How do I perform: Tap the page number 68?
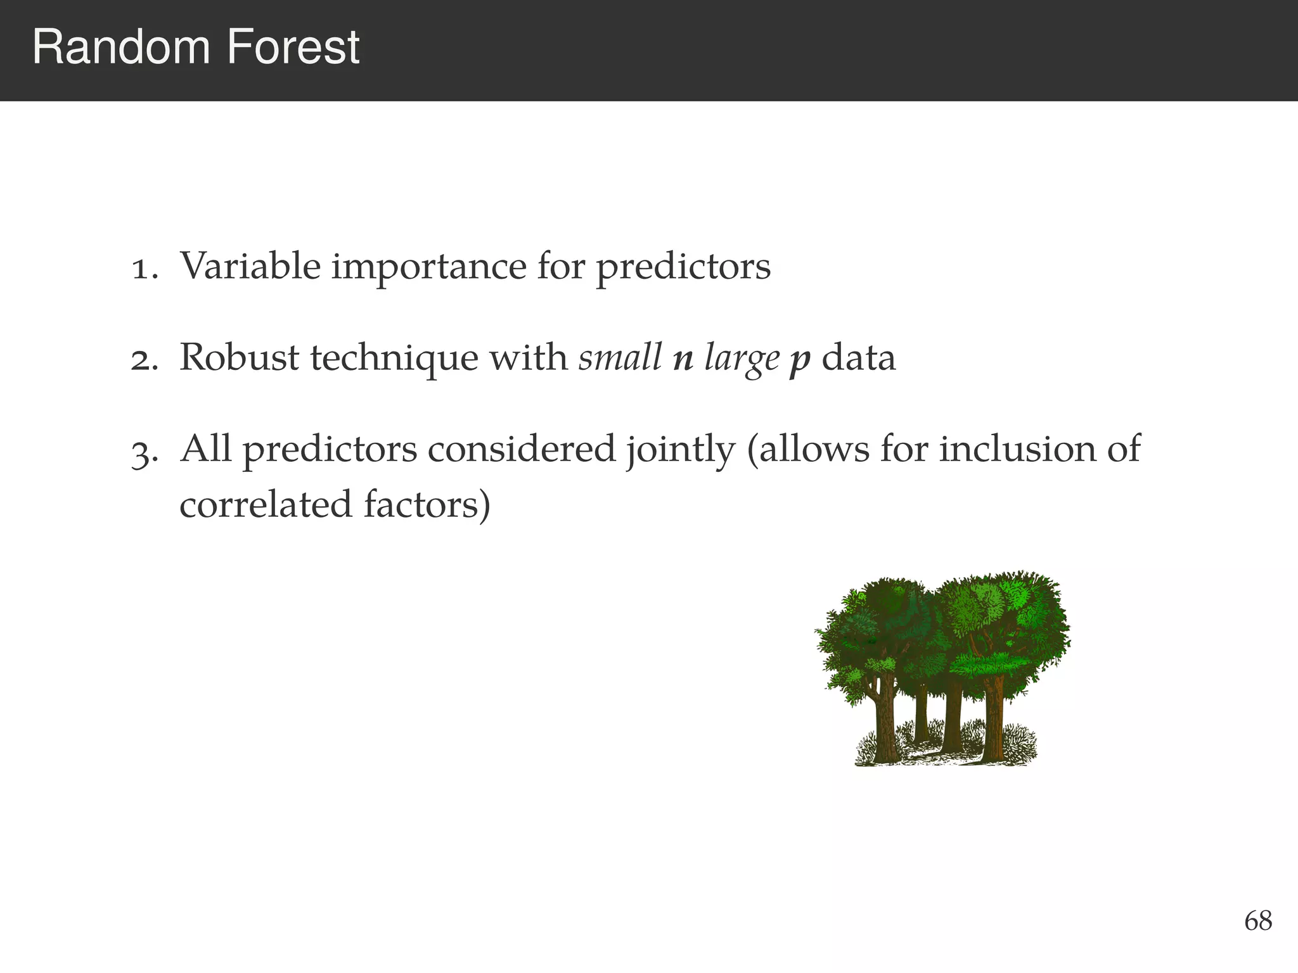coord(1257,921)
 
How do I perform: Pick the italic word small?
coord(620,358)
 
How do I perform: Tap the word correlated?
coord(265,506)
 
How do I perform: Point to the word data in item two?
coord(859,358)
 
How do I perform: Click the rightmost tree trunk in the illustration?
coord(993,719)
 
